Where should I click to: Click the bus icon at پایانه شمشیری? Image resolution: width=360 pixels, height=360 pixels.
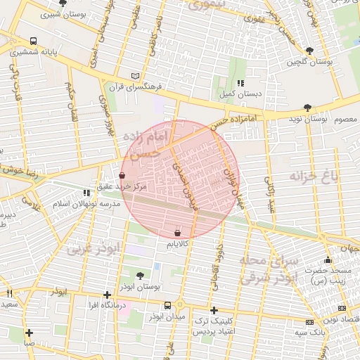[34, 41]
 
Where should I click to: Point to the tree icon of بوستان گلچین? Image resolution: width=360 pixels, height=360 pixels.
[309, 51]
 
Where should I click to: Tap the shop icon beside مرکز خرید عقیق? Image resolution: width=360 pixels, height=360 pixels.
[122, 175]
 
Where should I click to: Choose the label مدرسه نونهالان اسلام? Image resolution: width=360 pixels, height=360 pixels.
[82, 203]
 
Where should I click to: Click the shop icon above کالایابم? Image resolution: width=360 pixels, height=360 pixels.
[176, 233]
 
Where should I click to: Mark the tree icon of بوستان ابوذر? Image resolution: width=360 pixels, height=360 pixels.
[139, 276]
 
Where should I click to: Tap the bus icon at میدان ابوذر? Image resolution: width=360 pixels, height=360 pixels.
[167, 306]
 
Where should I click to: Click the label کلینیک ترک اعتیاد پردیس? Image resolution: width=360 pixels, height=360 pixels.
[214, 326]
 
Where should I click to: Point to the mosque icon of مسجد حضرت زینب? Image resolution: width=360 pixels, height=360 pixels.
[328, 260]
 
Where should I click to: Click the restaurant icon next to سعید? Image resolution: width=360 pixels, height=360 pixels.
[9, 293]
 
